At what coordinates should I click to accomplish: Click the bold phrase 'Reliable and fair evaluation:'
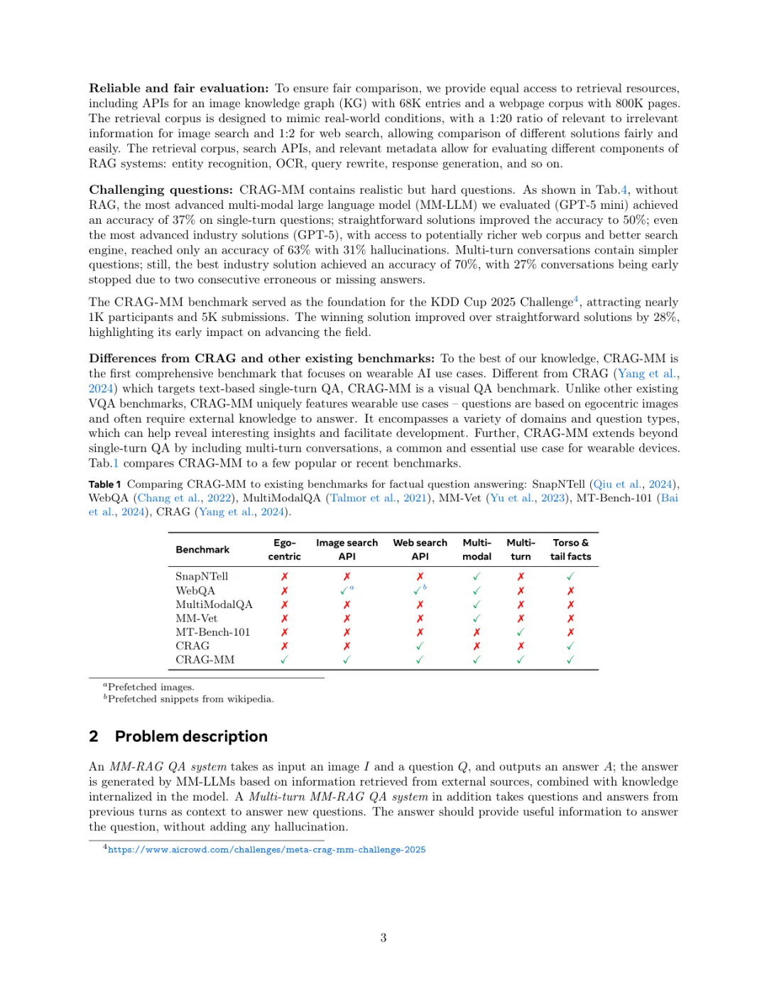point(178,88)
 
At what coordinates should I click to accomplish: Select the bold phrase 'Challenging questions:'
point(161,190)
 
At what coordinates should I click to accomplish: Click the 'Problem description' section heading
point(191,737)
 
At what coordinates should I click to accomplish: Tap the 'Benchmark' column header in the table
point(202,550)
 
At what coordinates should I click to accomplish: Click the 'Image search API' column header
point(347,550)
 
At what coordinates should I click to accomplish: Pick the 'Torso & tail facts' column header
point(570,550)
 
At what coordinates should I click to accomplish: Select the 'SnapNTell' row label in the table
point(202,576)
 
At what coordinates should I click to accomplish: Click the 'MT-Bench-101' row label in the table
point(212,632)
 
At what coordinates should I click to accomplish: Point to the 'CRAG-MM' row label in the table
point(205,660)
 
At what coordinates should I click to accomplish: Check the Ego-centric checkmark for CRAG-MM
point(284,660)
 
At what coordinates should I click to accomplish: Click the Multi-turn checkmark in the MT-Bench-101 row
point(521,632)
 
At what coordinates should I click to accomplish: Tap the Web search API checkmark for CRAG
point(420,646)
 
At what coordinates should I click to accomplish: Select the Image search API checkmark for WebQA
point(344,591)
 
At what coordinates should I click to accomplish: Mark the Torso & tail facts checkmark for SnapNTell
point(570,577)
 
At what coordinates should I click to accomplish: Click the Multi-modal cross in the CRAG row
point(477,646)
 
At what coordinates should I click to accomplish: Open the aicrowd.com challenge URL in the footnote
point(266,850)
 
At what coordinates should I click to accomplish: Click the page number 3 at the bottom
point(383,938)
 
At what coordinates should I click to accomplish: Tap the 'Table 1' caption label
point(104,484)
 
